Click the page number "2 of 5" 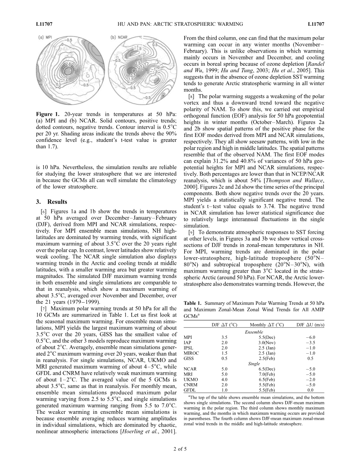point(180,449)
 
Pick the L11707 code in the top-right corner point(316,24)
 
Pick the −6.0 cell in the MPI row point(310,337)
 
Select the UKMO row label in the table point(189,379)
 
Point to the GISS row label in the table point(188,358)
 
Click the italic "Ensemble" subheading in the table point(254,332)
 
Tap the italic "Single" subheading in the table point(254,363)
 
